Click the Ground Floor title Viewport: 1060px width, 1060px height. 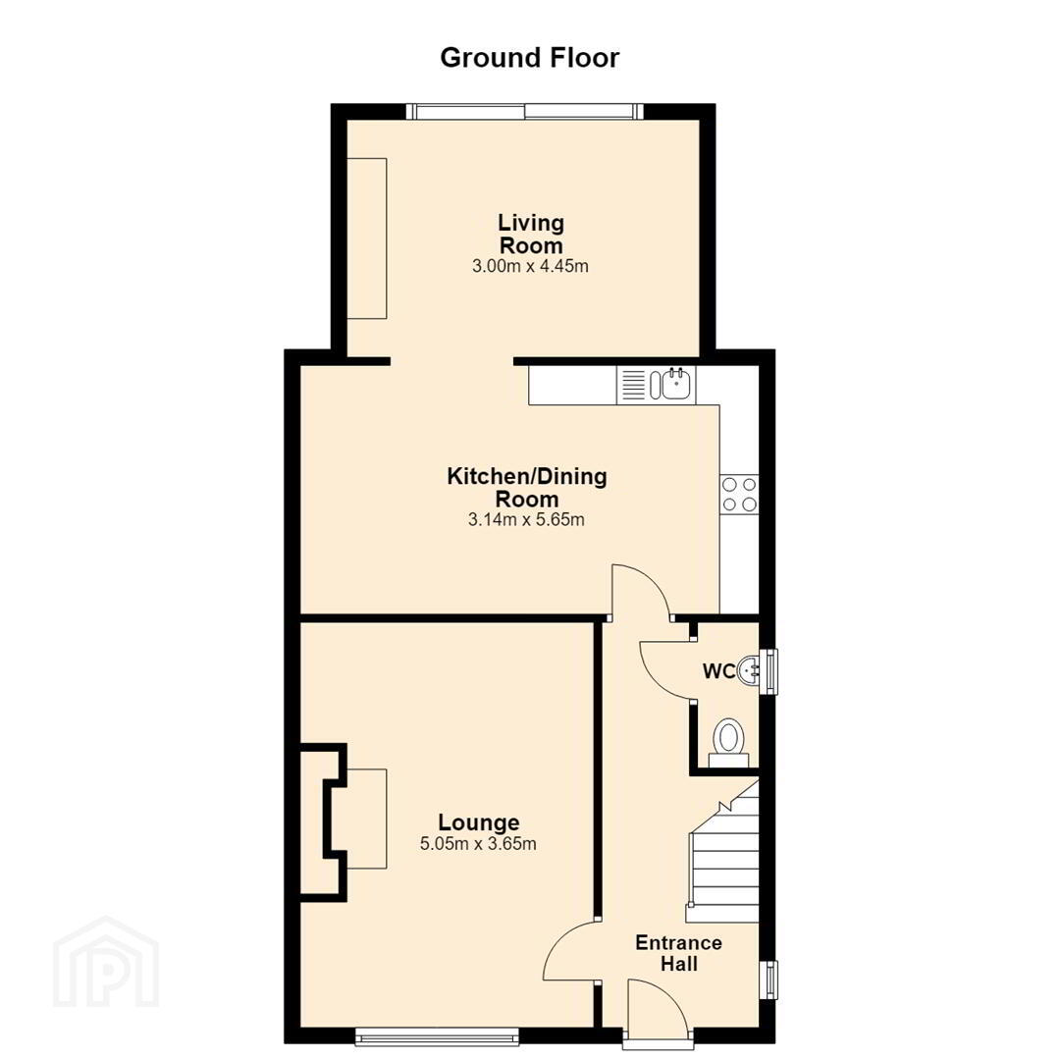pos(529,58)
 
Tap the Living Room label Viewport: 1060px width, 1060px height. pos(531,234)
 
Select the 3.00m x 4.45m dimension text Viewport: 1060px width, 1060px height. pos(530,266)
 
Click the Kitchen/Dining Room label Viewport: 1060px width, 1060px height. pos(527,488)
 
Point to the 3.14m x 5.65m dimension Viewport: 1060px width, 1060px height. pos(526,520)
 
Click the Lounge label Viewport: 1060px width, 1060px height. pos(479,822)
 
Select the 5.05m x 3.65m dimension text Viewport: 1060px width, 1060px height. pos(478,844)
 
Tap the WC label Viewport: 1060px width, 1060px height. pos(718,671)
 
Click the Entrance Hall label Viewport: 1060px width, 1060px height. pos(679,952)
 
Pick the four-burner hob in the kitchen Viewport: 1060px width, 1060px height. pos(740,494)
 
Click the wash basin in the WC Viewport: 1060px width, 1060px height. pos(748,670)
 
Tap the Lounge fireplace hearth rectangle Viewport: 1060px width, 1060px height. pos(366,819)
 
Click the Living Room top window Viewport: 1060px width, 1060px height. pos(524,112)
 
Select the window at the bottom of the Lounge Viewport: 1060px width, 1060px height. pos(437,1036)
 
